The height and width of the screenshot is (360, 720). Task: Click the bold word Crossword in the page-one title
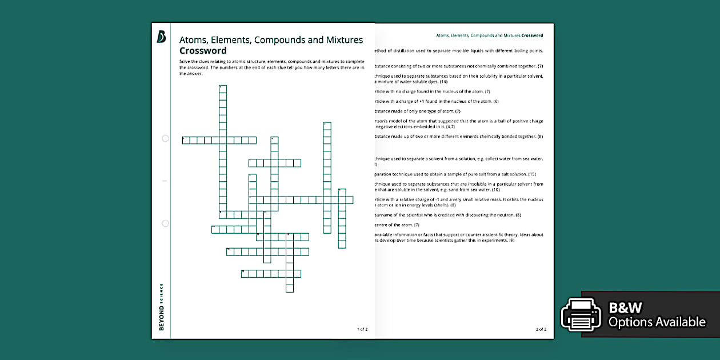point(203,51)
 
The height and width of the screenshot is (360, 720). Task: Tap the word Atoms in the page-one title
point(193,40)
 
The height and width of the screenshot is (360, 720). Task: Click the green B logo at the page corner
point(161,37)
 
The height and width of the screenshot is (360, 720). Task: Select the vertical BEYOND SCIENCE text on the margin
point(162,306)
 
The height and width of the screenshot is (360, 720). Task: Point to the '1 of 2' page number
point(362,329)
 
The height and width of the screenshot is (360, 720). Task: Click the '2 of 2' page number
point(541,329)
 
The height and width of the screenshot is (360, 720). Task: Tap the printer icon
point(581,314)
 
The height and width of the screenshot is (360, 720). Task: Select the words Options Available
point(657,322)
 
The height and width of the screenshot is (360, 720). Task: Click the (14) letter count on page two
point(443,82)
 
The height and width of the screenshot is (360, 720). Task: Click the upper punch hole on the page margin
point(165,138)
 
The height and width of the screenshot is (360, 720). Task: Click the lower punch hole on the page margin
point(165,223)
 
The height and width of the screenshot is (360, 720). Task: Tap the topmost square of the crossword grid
point(223,89)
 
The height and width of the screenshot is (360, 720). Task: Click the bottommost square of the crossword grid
point(290,289)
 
